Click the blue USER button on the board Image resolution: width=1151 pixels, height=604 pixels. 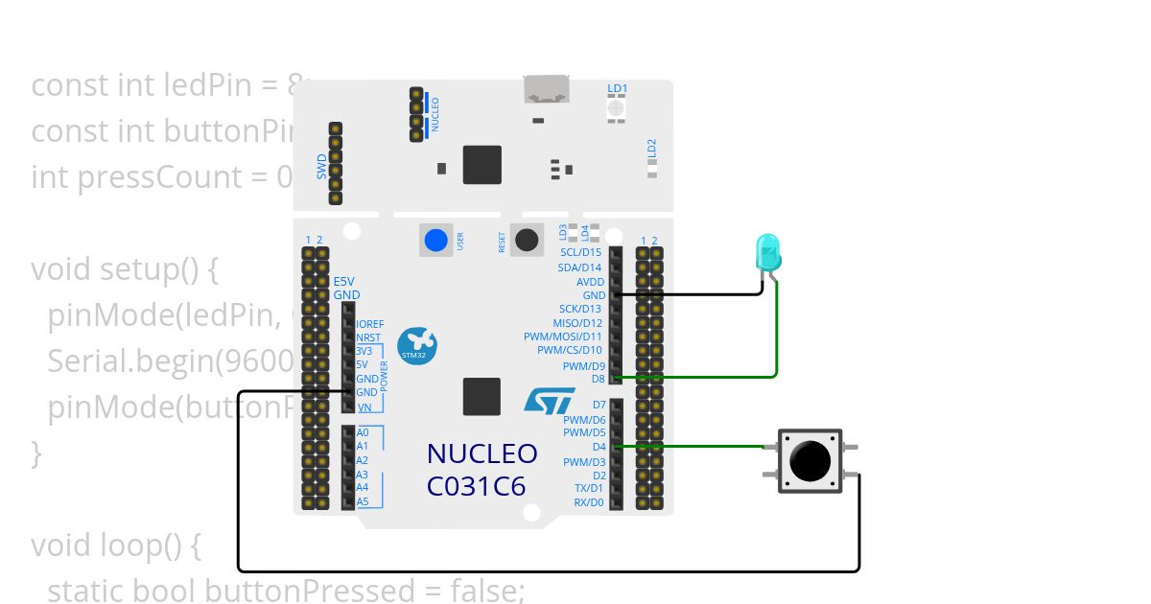click(436, 240)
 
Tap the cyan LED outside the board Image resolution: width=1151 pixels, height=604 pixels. click(768, 251)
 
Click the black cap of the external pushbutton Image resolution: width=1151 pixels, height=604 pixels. click(810, 461)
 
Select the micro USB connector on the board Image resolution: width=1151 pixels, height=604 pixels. click(546, 89)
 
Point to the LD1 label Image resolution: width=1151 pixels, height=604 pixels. click(618, 89)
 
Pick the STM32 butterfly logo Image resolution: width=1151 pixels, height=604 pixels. click(417, 345)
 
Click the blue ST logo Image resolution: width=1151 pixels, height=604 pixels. click(550, 401)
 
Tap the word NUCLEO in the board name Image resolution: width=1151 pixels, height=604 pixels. click(482, 453)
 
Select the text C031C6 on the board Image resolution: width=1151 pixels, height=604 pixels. click(477, 486)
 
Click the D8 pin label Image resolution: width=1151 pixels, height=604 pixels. click(598, 379)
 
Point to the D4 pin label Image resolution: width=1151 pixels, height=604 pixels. click(599, 447)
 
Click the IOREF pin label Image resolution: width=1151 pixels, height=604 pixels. click(369, 324)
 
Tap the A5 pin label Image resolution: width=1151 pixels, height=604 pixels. click(363, 501)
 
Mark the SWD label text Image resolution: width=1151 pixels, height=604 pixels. click(322, 167)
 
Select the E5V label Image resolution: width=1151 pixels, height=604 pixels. click(344, 281)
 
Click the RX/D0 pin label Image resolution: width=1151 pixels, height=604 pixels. click(588, 502)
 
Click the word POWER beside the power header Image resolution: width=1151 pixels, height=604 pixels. click(386, 379)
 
